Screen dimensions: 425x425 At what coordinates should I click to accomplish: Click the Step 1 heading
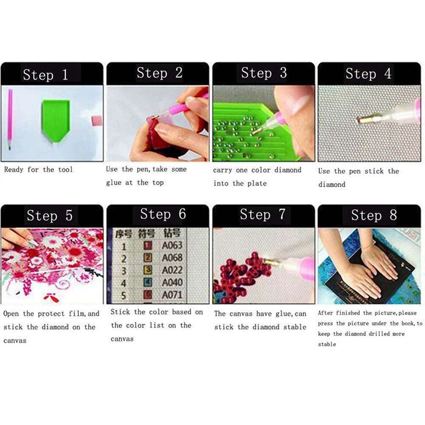[45, 74]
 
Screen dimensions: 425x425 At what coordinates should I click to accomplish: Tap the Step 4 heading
[368, 73]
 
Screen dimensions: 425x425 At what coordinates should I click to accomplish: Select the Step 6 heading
[163, 214]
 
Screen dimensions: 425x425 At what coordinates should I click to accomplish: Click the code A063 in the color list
[172, 246]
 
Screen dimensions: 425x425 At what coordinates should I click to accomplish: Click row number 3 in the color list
[124, 271]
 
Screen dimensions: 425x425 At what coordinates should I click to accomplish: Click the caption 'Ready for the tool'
[38, 169]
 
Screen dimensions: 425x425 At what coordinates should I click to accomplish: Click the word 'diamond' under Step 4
[331, 185]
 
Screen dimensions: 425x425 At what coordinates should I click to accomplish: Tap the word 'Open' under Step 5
[12, 313]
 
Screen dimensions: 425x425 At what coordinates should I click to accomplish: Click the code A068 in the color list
[172, 258]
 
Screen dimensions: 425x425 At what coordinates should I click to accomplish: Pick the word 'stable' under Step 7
[294, 327]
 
